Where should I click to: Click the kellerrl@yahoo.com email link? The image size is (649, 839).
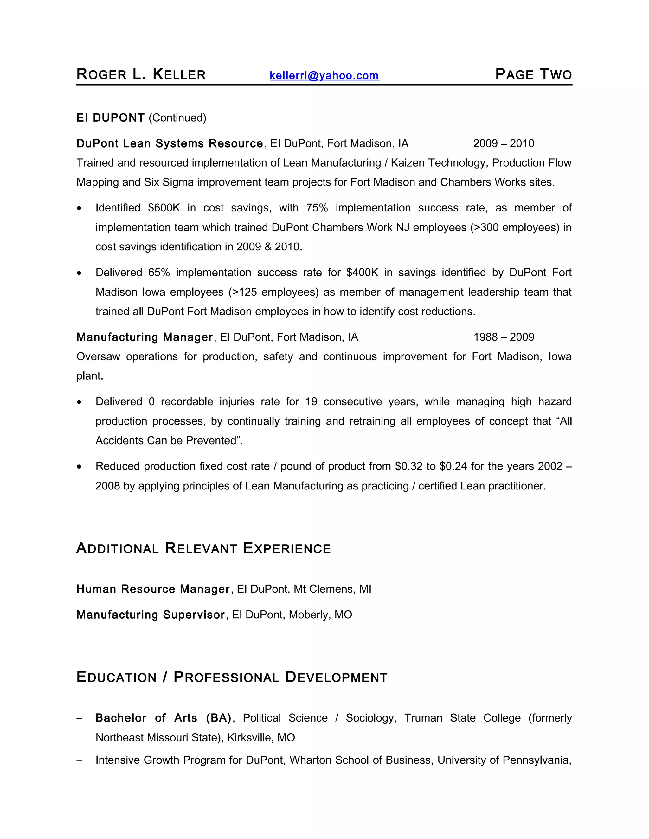pyautogui.click(x=324, y=75)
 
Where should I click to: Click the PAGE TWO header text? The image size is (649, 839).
pyautogui.click(x=533, y=74)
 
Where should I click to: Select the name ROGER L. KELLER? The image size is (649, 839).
pyautogui.click(x=141, y=74)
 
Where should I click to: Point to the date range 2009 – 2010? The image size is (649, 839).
pyautogui.click(x=503, y=144)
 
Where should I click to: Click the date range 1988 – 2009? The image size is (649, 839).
pyautogui.click(x=503, y=337)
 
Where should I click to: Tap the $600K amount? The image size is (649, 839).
pyautogui.click(x=164, y=208)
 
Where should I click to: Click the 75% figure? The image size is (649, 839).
pyautogui.click(x=317, y=208)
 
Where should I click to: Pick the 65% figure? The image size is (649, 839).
pyautogui.click(x=159, y=273)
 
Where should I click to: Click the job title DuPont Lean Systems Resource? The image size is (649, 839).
pyautogui.click(x=170, y=144)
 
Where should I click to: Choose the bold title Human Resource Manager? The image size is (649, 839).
pyautogui.click(x=153, y=589)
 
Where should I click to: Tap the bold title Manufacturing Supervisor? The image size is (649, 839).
pyautogui.click(x=150, y=615)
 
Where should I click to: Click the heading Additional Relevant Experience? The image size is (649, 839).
pyautogui.click(x=203, y=548)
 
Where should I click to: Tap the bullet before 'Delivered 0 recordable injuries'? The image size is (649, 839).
pyautogui.click(x=79, y=402)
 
